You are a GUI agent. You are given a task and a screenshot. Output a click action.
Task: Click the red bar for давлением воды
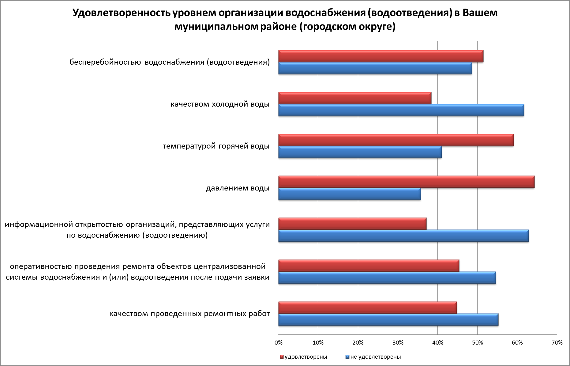pos(406,182)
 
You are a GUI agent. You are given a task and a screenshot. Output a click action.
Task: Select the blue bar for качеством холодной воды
pos(401,110)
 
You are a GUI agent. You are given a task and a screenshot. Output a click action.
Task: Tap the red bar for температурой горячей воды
pos(396,140)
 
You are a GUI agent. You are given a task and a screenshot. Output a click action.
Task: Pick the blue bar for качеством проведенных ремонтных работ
pos(388,320)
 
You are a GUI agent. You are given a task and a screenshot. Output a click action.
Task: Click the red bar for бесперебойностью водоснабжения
pos(381,56)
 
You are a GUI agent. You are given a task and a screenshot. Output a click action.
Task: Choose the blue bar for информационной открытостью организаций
pos(403,236)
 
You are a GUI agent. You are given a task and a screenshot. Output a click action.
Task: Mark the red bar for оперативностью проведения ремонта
pos(369,266)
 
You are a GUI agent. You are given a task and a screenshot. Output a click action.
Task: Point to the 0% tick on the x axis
pos(278,343)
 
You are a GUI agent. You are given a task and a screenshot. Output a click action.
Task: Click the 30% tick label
pos(398,343)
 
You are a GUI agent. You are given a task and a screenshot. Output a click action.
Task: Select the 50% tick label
pos(477,343)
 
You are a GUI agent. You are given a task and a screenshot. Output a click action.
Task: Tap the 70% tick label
pos(557,343)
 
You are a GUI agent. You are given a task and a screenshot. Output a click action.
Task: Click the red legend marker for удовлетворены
pos(282,357)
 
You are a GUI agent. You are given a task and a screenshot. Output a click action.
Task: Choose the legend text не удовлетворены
pos(375,357)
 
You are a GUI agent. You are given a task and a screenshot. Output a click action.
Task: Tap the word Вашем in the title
pos(480,13)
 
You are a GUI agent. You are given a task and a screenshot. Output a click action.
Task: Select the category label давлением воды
pos(238,188)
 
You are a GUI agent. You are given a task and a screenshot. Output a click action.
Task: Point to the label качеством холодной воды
pos(220,104)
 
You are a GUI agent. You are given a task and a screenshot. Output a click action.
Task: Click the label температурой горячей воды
pos(216,146)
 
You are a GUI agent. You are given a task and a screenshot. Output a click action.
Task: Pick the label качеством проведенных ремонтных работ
pos(189,314)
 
